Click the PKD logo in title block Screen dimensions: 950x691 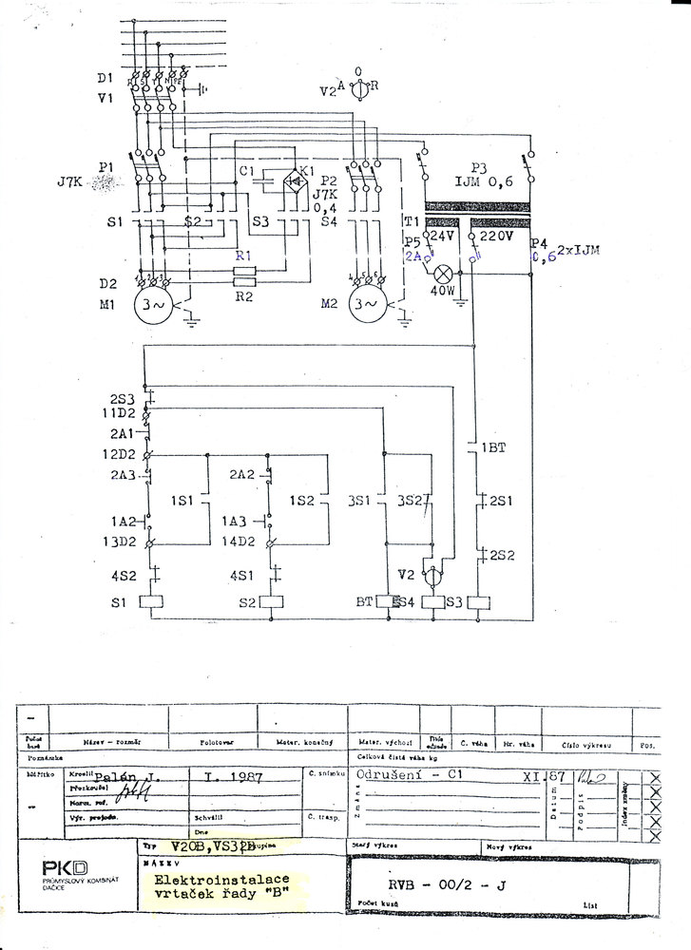(65, 867)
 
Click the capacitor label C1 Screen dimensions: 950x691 (249, 171)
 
